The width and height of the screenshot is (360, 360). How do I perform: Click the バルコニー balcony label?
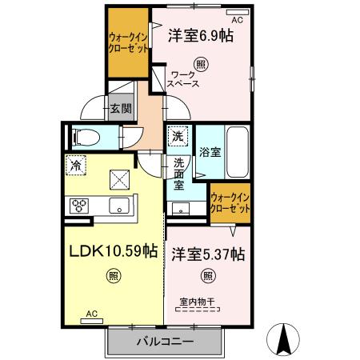click(164, 342)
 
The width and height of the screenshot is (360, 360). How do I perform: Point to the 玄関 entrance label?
click(121, 109)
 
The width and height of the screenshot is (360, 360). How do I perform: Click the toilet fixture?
click(84, 137)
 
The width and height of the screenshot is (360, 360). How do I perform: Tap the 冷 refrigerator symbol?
click(75, 166)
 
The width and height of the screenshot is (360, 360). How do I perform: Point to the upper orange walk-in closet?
click(128, 42)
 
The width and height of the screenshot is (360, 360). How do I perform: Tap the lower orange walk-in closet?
click(230, 202)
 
